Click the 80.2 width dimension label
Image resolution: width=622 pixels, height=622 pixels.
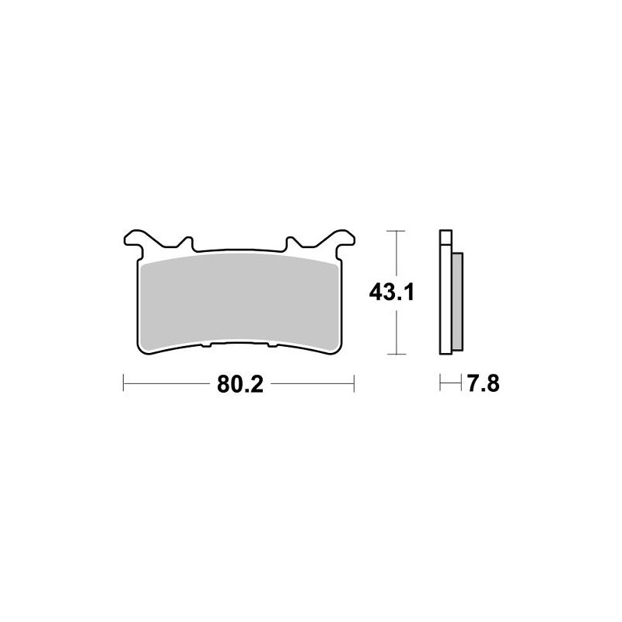pos(238,384)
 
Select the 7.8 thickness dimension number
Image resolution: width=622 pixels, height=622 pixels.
pos(482,383)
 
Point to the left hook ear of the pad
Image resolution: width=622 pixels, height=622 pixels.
pos(135,237)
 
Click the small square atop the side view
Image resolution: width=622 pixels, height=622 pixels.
pos(446,238)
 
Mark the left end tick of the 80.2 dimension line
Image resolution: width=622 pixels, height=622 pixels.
pos(124,383)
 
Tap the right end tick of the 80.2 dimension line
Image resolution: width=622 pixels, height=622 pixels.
pos(354,383)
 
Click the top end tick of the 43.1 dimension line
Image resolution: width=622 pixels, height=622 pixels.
pos(397,231)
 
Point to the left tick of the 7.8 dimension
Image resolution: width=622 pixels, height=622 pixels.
pos(440,383)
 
